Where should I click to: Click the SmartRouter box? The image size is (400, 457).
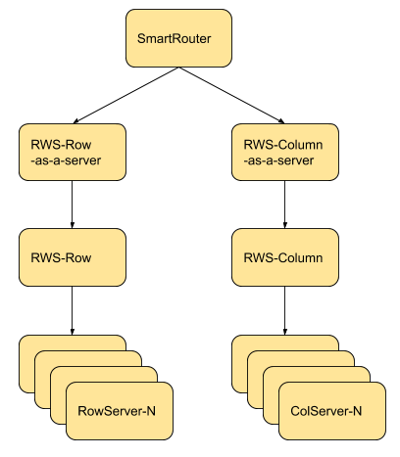[178, 38]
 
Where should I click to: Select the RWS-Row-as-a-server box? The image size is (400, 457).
[73, 152]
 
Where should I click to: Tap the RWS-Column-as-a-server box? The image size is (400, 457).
[285, 152]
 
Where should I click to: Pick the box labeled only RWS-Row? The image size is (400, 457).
[73, 257]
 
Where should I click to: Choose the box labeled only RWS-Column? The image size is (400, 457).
[285, 257]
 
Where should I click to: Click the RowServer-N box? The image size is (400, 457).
[120, 411]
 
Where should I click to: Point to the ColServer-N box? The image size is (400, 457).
[332, 411]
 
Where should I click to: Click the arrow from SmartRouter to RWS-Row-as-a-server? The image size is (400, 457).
[125, 95]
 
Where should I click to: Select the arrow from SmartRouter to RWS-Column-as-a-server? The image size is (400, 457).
[231, 95]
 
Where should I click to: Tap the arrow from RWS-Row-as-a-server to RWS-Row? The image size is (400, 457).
[73, 205]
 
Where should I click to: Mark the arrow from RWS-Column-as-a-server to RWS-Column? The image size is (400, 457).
[285, 205]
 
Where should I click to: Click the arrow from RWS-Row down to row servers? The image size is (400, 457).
[73, 310]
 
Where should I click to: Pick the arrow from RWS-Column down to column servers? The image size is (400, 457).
[285, 310]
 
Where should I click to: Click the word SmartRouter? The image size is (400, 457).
[174, 38]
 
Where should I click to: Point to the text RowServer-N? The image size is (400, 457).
[117, 411]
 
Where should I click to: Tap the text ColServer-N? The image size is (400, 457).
[326, 411]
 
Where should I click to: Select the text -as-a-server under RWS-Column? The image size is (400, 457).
[278, 160]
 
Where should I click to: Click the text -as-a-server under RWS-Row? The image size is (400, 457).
[66, 160]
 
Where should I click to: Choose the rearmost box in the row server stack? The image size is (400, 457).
[26, 362]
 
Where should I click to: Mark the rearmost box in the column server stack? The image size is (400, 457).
[239, 362]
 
